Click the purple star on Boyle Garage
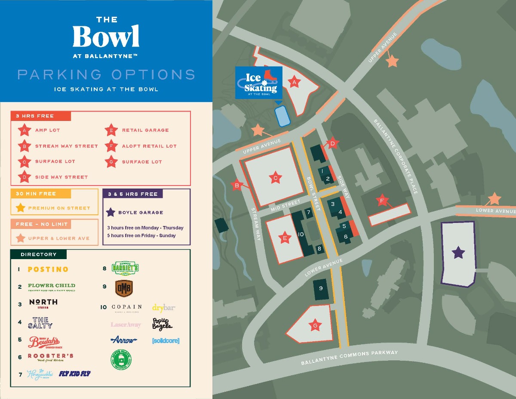(x=459, y=253)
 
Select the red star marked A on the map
(x=295, y=82)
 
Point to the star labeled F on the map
(x=382, y=200)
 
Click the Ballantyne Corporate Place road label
(x=396, y=156)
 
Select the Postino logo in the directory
(x=48, y=269)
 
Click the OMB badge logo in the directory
(x=124, y=288)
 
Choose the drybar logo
(x=164, y=307)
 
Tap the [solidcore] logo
(x=166, y=340)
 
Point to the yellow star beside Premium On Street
(x=20, y=208)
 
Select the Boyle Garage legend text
(x=141, y=212)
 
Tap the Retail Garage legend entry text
(x=145, y=130)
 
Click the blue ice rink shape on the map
(x=283, y=116)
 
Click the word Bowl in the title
(x=106, y=37)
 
